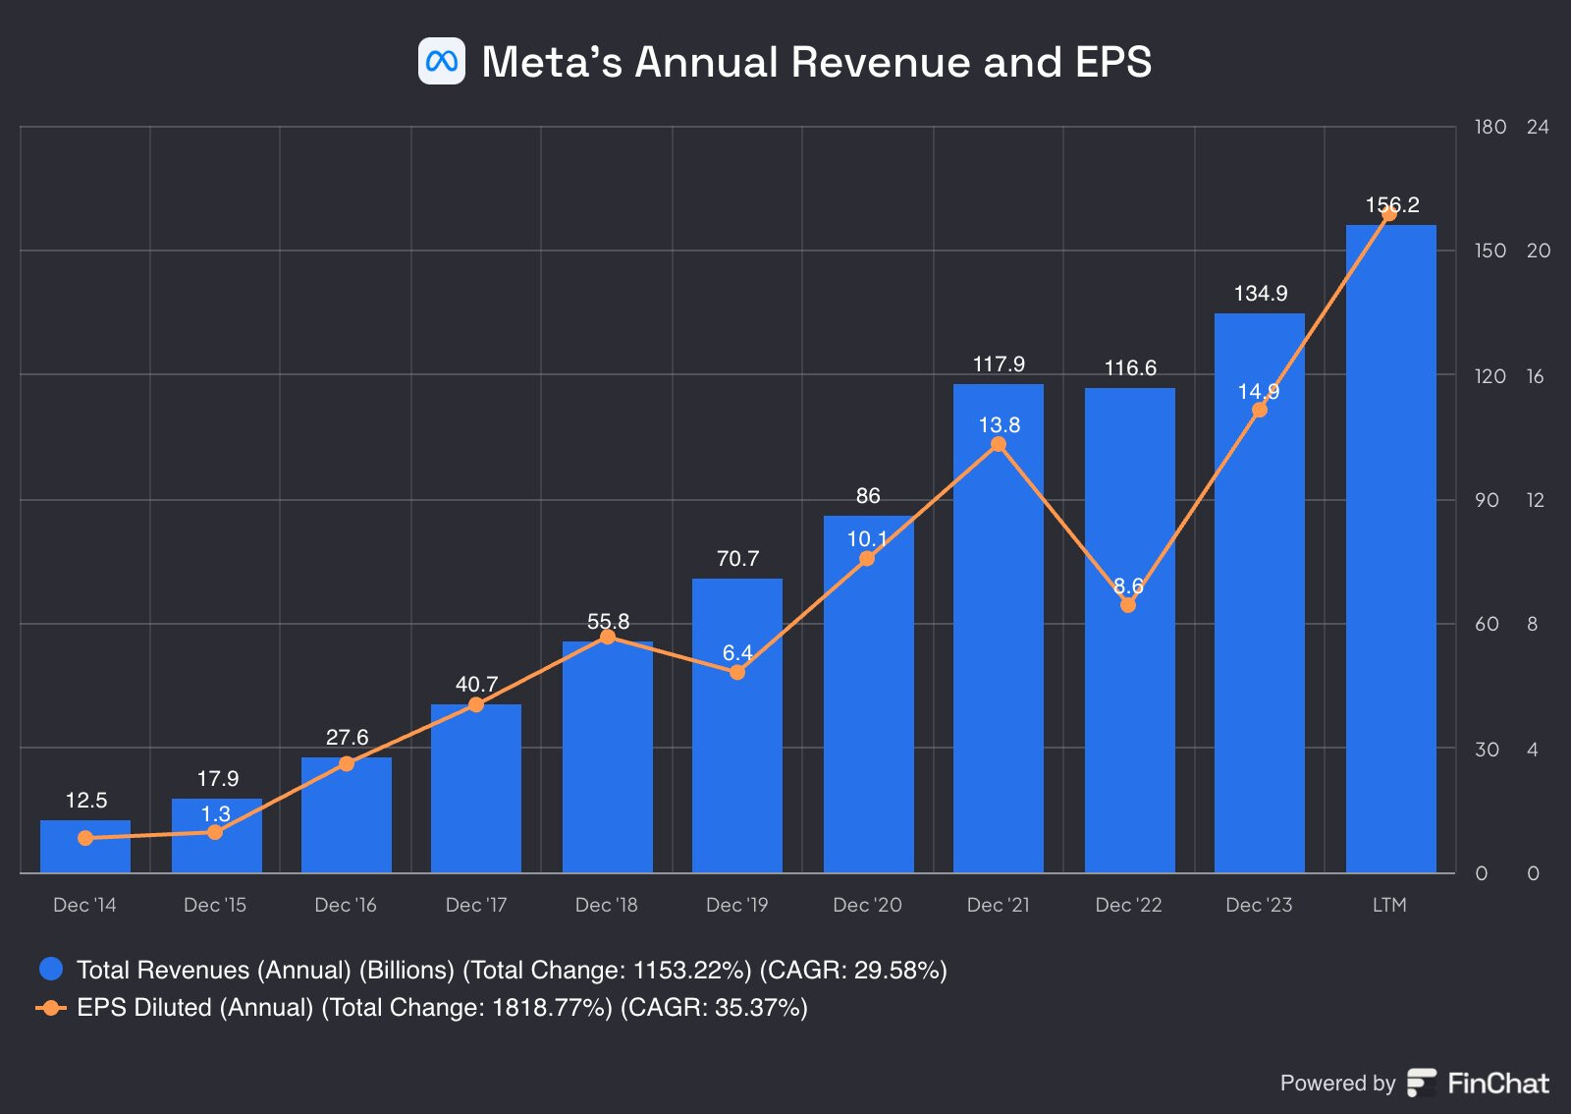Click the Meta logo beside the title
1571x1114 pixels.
[x=442, y=62]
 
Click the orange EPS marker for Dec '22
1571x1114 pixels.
[x=1128, y=605]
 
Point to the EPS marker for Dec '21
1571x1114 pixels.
[x=999, y=444]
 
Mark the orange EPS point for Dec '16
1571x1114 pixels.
[x=347, y=763]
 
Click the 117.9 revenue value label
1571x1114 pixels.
[x=999, y=364]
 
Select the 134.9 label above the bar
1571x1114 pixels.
[x=1261, y=294]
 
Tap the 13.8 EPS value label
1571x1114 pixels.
[x=1000, y=425]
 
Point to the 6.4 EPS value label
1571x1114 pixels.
[x=737, y=653]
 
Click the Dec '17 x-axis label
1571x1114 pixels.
[x=476, y=905]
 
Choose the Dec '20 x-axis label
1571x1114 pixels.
[x=867, y=905]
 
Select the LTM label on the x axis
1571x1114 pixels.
[x=1389, y=905]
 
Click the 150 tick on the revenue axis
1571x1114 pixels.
[x=1490, y=251]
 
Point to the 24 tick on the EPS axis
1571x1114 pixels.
[x=1538, y=127]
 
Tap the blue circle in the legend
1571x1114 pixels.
[x=51, y=970]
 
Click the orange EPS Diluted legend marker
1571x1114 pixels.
[x=51, y=1008]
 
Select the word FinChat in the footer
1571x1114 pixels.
[x=1498, y=1084]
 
